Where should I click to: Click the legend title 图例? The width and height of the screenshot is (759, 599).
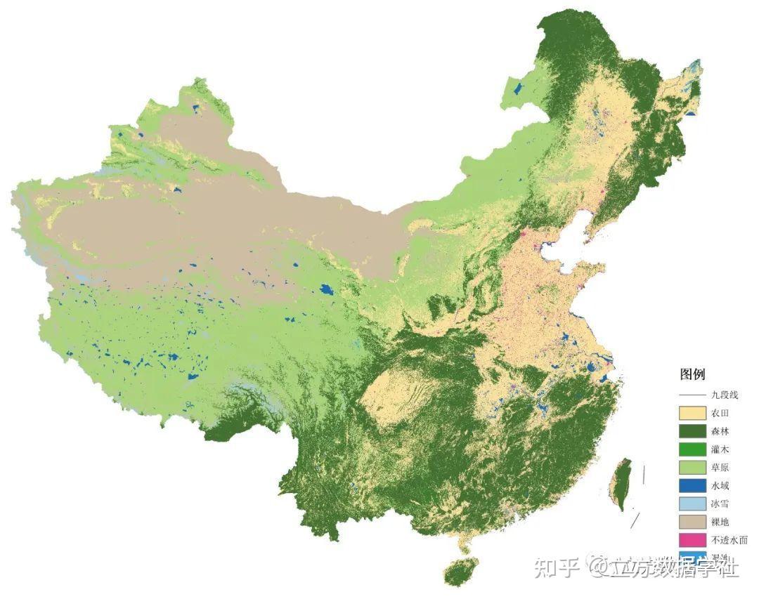point(692,374)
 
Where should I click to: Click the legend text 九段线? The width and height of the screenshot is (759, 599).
point(725,395)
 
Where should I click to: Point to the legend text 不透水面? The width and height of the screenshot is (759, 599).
point(729,541)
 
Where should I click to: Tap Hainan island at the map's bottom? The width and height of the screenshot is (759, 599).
point(462,570)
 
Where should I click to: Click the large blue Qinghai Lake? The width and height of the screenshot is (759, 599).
point(326,289)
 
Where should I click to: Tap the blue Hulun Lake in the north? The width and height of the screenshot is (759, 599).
point(519,89)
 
